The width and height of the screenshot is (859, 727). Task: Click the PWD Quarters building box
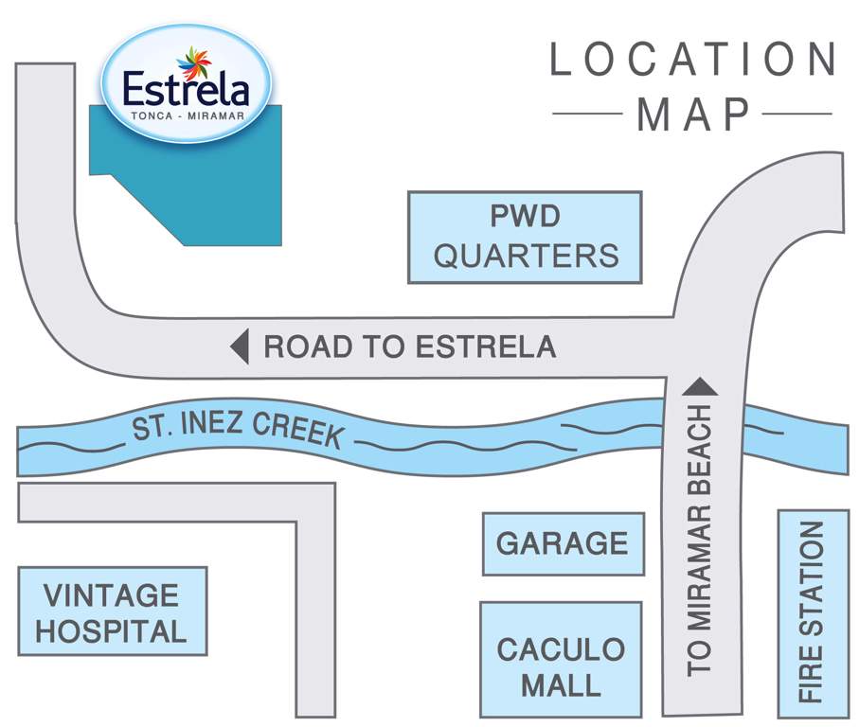(x=525, y=237)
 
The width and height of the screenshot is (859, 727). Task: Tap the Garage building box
(x=563, y=543)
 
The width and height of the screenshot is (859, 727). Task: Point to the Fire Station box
(x=811, y=613)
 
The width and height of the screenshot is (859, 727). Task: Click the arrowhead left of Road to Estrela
(x=240, y=346)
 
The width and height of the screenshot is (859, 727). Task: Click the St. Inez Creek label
(x=237, y=426)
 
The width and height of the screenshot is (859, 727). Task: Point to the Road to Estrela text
(x=409, y=346)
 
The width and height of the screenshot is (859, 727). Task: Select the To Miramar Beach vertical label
(x=699, y=540)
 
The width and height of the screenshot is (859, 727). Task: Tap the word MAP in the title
(x=693, y=115)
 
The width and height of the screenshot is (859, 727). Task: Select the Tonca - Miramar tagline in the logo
(x=185, y=116)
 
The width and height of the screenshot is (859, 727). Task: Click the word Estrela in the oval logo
(x=186, y=92)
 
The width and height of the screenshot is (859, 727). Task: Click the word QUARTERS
(x=526, y=256)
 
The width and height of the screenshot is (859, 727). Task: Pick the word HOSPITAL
(x=111, y=630)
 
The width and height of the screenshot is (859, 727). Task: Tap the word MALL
(x=562, y=683)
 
